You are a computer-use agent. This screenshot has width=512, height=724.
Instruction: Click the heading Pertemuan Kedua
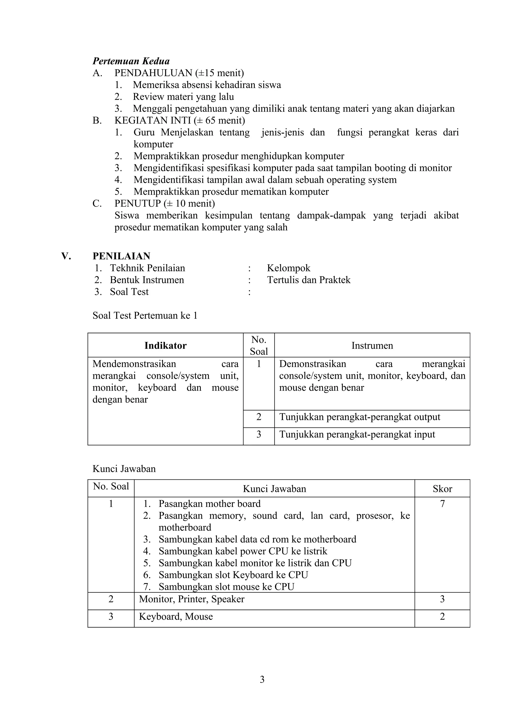click(x=131, y=61)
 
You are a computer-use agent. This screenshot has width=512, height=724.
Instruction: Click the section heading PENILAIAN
click(x=121, y=256)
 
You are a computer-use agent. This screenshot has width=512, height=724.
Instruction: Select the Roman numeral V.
click(x=66, y=256)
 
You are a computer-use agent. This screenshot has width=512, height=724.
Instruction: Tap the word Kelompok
click(x=288, y=268)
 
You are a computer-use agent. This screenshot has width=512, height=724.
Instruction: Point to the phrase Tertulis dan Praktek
click(x=308, y=280)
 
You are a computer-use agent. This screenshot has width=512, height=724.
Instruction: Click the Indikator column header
click(x=165, y=346)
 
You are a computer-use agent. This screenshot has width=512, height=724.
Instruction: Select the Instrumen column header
click(x=372, y=346)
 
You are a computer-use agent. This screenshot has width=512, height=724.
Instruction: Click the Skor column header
click(x=442, y=489)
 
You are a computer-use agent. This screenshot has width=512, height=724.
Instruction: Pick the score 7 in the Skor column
click(x=442, y=504)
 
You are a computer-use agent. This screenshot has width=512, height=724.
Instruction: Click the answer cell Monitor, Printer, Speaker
click(x=191, y=599)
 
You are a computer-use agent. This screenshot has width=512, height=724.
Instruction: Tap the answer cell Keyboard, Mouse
click(x=176, y=617)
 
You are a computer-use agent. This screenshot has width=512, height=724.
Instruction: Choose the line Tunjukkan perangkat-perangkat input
click(x=357, y=434)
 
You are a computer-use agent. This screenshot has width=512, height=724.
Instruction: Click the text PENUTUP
click(x=137, y=203)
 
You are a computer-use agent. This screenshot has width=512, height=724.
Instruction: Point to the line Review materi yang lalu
click(x=183, y=97)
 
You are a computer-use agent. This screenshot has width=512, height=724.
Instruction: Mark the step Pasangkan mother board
click(x=209, y=504)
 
